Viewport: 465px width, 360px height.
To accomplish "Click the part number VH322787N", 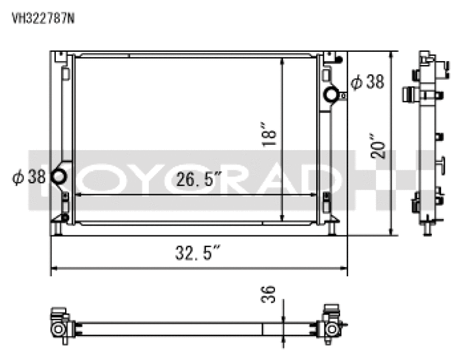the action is (43, 19).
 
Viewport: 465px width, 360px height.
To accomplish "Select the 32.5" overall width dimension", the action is (198, 252).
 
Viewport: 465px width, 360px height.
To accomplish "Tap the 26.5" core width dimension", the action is (199, 179).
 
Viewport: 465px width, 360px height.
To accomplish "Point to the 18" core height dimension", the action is (269, 134).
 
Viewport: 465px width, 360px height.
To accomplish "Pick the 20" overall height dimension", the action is (378, 147).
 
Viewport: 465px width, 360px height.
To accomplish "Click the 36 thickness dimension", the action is (268, 294).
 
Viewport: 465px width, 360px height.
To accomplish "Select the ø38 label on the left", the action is (29, 177).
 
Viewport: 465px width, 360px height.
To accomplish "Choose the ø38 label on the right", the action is (367, 82).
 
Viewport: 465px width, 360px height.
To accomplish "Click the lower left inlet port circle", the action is (58, 176).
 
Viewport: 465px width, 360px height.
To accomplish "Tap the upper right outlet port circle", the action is (331, 94).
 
